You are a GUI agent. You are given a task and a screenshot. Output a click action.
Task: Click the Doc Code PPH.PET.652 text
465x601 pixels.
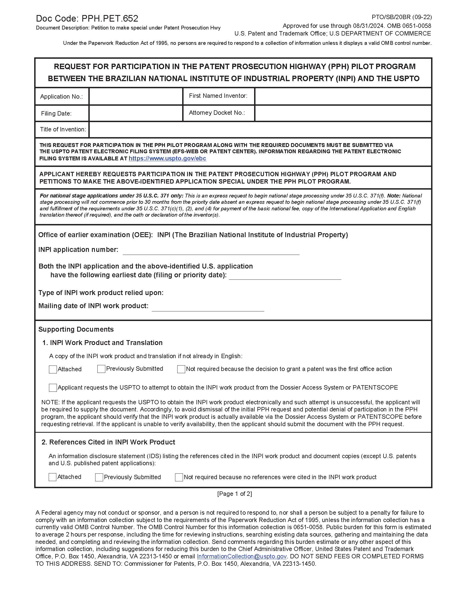point(87,18)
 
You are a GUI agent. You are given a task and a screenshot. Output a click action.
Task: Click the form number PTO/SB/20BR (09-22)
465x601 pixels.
point(401,17)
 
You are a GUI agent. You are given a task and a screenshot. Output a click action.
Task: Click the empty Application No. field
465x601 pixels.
point(136,96)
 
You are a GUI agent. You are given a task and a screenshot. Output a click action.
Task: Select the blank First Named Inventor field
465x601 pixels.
point(343,96)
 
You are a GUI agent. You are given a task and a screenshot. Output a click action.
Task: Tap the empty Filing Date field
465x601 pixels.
point(136,113)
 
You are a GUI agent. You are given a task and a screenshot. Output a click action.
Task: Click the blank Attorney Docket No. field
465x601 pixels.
point(343,113)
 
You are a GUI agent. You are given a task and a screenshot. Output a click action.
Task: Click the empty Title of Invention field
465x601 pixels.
point(260,129)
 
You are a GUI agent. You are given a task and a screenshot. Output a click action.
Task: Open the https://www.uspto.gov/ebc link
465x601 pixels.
point(167,158)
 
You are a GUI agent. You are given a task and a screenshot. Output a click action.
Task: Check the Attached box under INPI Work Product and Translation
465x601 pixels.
point(53,369)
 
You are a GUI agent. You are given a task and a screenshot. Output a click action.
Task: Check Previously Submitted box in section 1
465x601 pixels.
point(101,369)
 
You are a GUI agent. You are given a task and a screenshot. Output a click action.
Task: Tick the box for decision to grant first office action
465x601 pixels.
point(181,369)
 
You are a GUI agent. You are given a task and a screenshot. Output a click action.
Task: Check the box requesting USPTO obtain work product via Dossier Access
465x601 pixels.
point(53,388)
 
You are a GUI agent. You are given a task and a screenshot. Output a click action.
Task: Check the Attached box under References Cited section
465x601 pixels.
point(52,477)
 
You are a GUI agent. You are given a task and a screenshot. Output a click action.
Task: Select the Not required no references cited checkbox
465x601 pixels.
point(179,478)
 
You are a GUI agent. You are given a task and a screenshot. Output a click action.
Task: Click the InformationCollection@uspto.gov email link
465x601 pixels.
point(242,556)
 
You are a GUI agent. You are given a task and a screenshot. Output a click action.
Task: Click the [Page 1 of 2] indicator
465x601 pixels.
point(234,494)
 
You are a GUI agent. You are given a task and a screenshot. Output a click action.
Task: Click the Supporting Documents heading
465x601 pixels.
point(76,329)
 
